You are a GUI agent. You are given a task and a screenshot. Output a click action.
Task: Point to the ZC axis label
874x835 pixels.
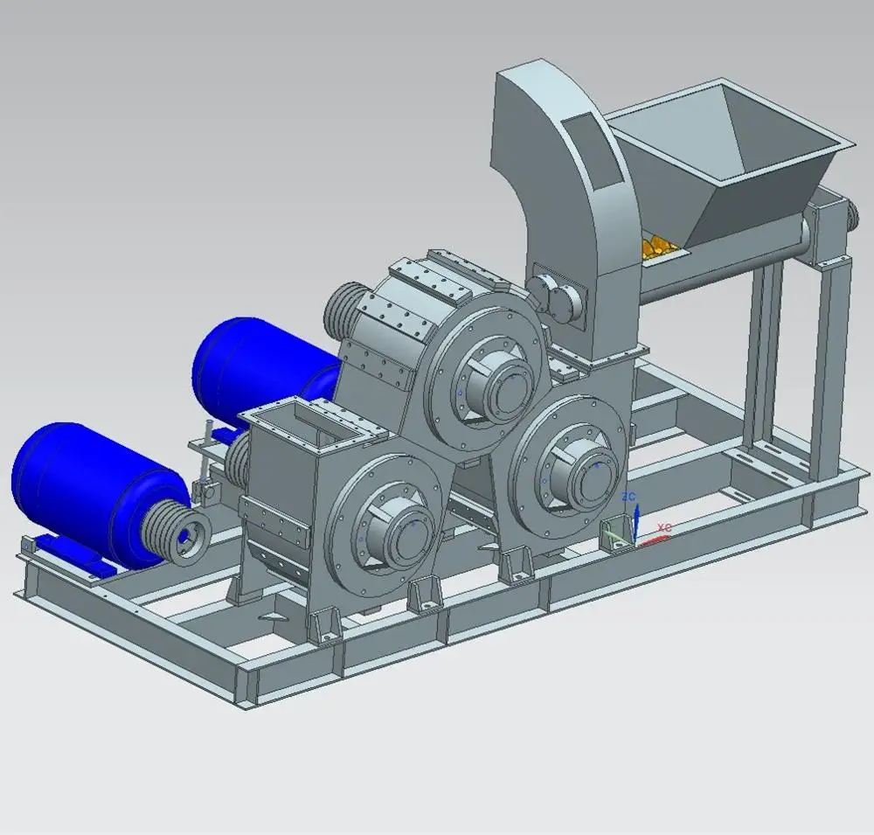pyautogui.click(x=628, y=497)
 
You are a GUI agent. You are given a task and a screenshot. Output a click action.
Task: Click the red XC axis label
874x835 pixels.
pyautogui.click(x=664, y=528)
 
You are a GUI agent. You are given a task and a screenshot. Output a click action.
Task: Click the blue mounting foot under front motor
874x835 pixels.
pyautogui.click(x=66, y=554)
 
